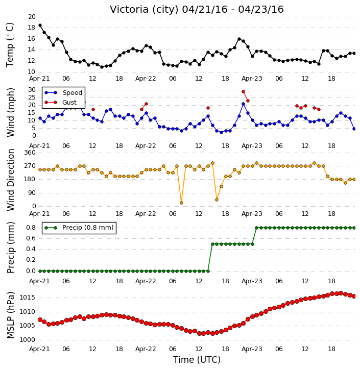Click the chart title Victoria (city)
[x=146, y=10]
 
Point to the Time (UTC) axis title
[x=197, y=360]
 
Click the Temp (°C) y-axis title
[x=10, y=45]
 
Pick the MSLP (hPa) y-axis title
[x=10, y=315]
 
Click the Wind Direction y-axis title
[x=10, y=180]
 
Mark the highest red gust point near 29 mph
[x=244, y=92]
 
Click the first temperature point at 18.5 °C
[x=40, y=26]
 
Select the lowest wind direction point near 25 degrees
[x=181, y=203]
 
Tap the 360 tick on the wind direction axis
[x=30, y=153]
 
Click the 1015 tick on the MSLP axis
[x=27, y=298]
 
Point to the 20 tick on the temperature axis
[x=32, y=17]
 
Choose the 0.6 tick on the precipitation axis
[x=31, y=238]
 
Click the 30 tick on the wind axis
[x=32, y=90]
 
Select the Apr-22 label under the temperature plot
[x=146, y=79]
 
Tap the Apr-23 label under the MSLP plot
[x=252, y=349]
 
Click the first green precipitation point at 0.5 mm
[x=212, y=244]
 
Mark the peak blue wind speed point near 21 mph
[x=244, y=104]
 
